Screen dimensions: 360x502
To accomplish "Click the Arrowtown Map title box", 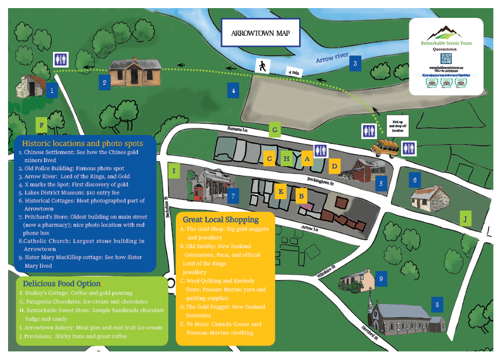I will coord(261,33).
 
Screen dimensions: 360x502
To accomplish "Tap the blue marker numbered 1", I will coord(52,90).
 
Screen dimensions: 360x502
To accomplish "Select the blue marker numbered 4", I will coord(233,90).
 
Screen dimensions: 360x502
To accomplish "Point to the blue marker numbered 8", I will coord(438,303).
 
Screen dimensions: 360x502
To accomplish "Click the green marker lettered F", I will coord(41,124).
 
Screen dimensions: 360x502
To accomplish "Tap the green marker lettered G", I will coord(275,131).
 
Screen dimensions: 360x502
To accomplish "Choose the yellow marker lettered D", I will coord(334,167).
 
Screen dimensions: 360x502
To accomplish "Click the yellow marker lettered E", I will coord(281,191).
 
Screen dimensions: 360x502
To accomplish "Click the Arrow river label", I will coord(333,58).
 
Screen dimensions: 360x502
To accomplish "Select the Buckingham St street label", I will coord(321,180).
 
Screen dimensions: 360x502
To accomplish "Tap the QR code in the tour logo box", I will coord(445,59).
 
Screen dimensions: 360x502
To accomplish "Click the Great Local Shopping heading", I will coord(221,219).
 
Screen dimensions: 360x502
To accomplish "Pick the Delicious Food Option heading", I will coord(62,284).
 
